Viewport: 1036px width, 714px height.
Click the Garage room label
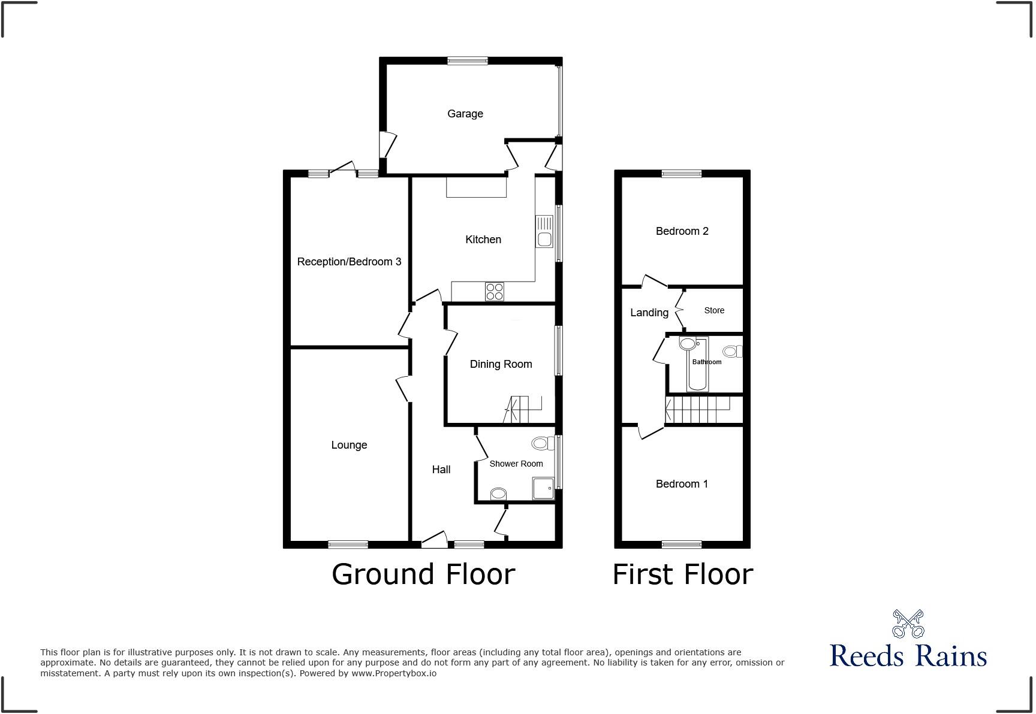(x=465, y=114)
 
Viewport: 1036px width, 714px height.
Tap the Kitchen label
(x=483, y=240)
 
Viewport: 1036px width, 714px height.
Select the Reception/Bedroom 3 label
(x=349, y=262)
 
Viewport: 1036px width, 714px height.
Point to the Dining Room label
(x=501, y=364)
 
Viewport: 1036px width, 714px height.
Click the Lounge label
(x=349, y=445)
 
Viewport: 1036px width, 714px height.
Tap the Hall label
(x=441, y=470)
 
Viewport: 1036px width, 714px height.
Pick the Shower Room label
(x=516, y=464)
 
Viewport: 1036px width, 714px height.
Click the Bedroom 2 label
(x=682, y=231)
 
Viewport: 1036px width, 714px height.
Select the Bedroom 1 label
(x=682, y=484)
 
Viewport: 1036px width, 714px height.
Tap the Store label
(x=714, y=310)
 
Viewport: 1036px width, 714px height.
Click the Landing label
(x=649, y=313)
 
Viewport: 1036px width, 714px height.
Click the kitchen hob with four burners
(x=495, y=292)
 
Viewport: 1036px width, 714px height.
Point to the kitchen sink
(x=544, y=232)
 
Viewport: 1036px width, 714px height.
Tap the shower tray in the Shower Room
(x=543, y=488)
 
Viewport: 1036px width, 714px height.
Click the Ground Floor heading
(x=423, y=574)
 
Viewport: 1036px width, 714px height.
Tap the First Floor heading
(x=682, y=574)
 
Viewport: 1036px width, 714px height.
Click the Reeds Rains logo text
(x=908, y=655)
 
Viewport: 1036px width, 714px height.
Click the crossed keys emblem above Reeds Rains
(x=908, y=624)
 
